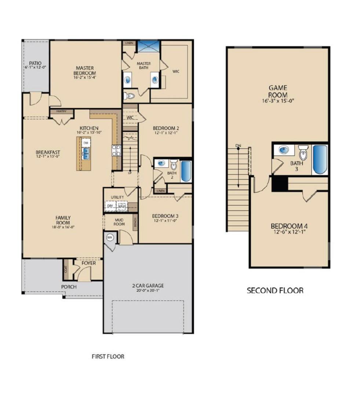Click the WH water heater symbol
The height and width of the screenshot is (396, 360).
tap(109, 238)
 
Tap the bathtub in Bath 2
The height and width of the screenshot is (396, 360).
tap(186, 171)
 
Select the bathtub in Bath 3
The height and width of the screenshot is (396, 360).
tap(319, 160)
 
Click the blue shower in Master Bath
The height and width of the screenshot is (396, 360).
tap(149, 47)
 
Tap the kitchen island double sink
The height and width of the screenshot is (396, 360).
tap(86, 153)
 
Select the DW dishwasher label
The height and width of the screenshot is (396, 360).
tap(86, 143)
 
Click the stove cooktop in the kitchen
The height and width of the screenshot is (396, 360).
tap(116, 150)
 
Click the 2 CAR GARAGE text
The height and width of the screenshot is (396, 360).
tap(148, 286)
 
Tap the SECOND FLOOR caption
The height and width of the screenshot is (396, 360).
tap(275, 291)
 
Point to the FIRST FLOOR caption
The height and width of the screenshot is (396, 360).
tap(108, 356)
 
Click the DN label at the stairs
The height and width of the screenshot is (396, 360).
tap(238, 146)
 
